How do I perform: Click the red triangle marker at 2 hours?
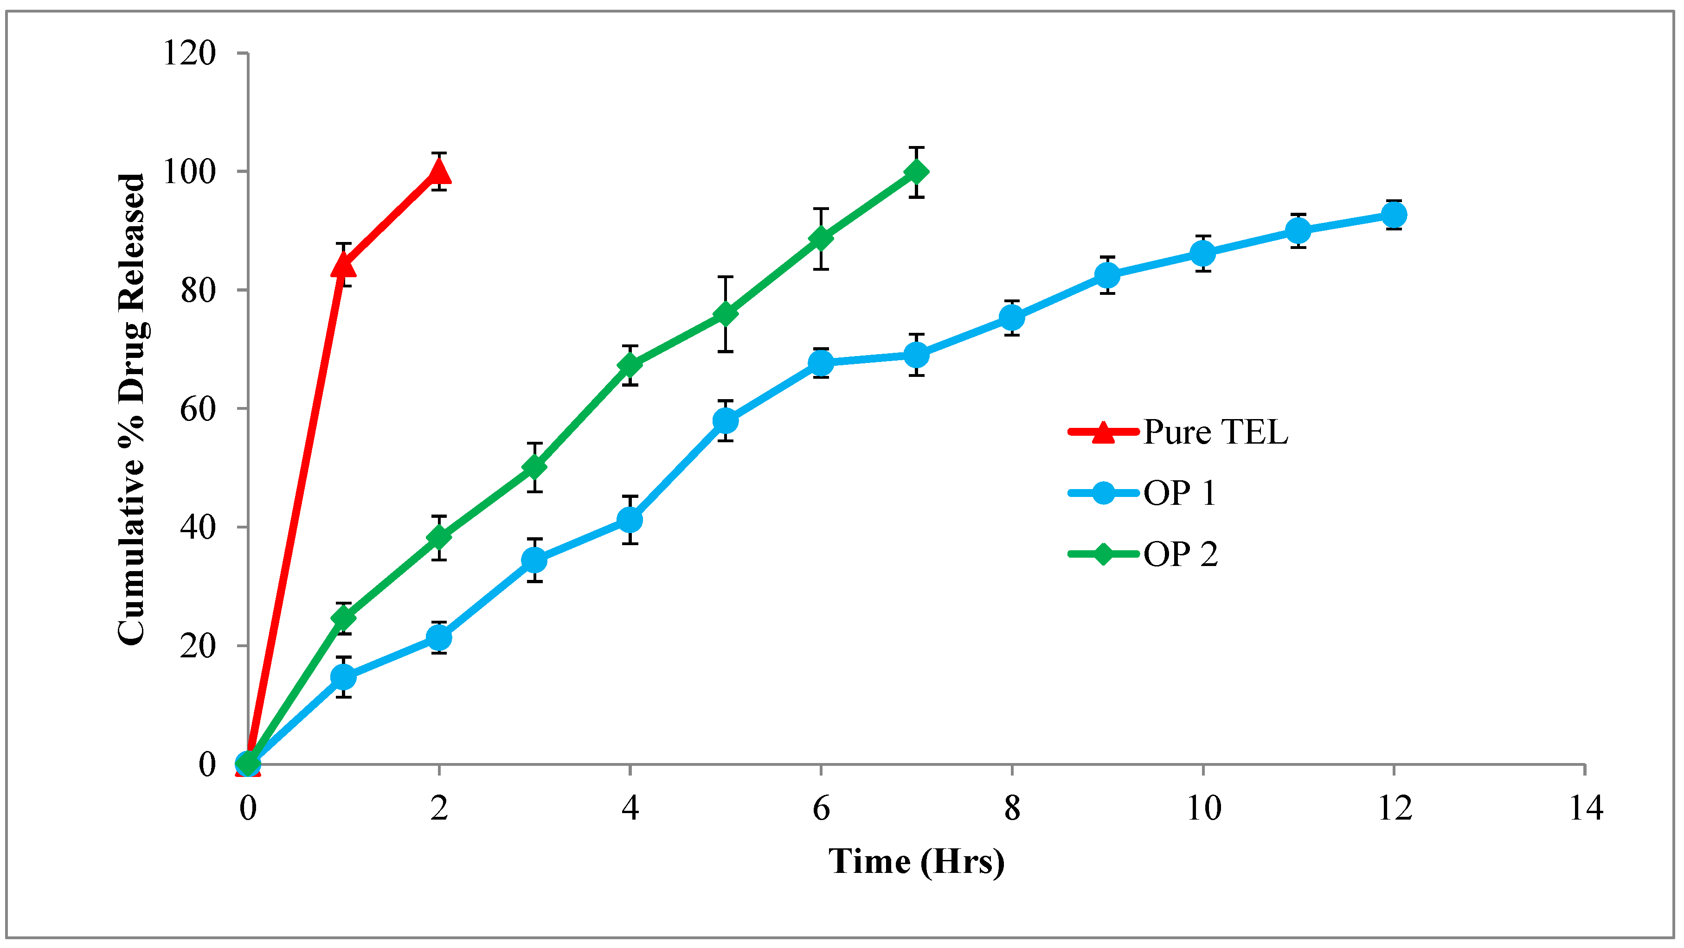(439, 172)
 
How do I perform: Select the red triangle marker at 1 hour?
(343, 265)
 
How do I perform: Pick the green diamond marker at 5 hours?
(725, 314)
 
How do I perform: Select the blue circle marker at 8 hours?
(1011, 318)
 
